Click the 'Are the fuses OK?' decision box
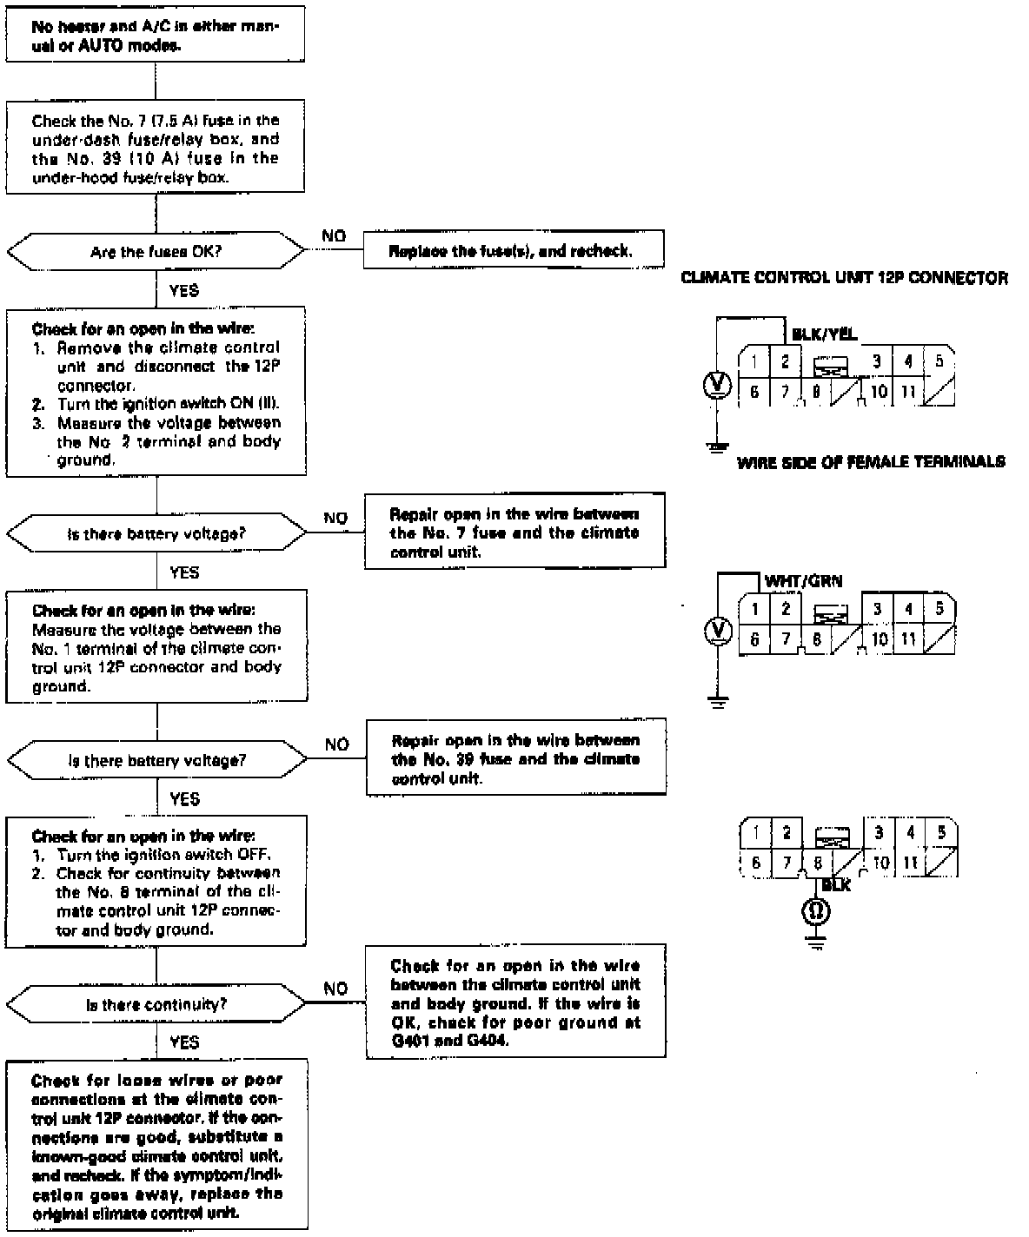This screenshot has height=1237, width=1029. click(x=156, y=252)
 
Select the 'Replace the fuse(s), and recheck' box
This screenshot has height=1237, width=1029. click(x=514, y=252)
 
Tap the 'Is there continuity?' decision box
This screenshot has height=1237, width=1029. click(x=156, y=1005)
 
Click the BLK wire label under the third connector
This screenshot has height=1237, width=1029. click(x=835, y=885)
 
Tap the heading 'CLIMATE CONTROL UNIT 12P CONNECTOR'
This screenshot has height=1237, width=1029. click(x=844, y=279)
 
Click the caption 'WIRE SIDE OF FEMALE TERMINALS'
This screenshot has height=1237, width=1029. click(x=871, y=462)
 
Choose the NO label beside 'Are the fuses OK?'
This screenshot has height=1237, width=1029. click(x=334, y=236)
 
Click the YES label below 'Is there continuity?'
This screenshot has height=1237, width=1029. click(x=184, y=1042)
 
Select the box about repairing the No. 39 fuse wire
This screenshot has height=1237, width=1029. click(x=516, y=758)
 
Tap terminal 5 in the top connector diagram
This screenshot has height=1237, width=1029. click(x=938, y=361)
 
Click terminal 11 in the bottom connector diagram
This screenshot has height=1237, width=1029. click(x=910, y=863)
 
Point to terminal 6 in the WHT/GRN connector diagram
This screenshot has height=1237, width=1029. click(x=754, y=639)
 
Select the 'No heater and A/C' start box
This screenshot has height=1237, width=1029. click(x=156, y=36)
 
